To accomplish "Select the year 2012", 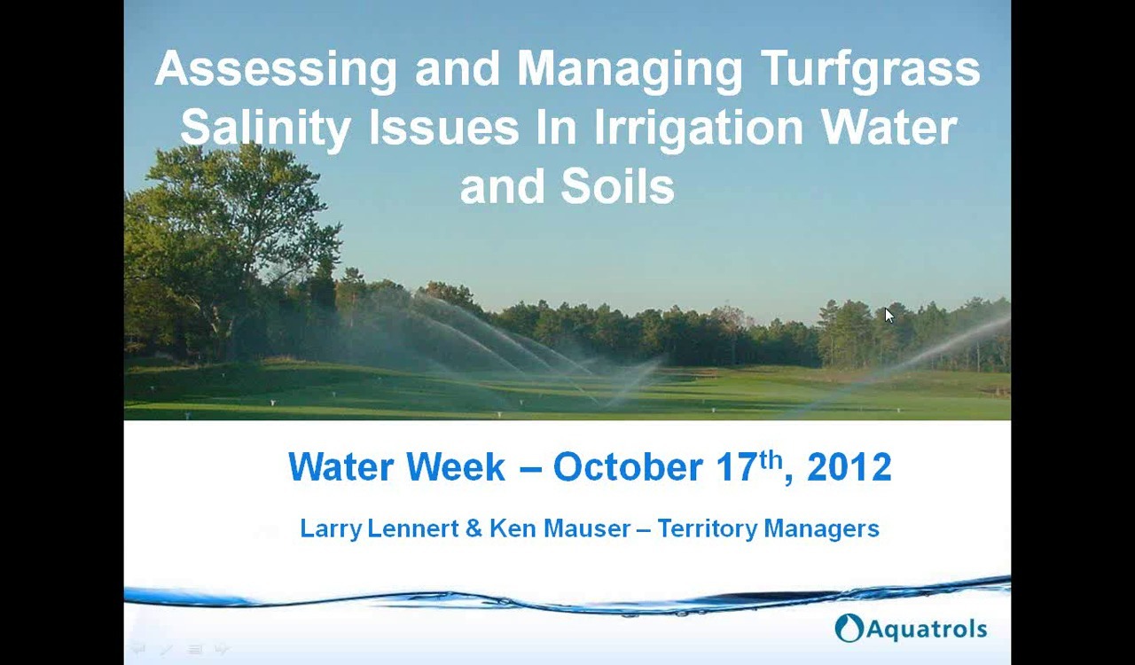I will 849,467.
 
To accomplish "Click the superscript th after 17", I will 771,459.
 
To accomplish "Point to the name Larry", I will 330,529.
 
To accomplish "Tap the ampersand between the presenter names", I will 474,529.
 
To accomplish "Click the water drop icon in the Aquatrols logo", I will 849,628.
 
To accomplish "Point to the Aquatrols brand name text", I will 926,630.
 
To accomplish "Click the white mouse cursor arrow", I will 889,316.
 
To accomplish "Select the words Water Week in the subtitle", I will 396,467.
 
